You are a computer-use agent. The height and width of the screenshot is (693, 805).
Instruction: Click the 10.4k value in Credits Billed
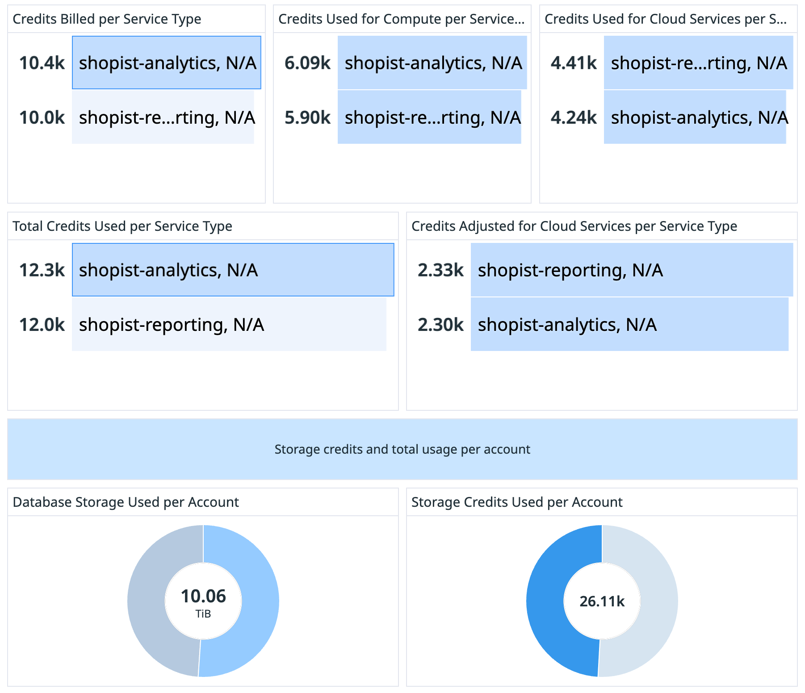42,63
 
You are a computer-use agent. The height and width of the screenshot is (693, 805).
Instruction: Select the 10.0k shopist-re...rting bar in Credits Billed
163,117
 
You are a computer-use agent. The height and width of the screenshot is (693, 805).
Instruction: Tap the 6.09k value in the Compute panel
307,63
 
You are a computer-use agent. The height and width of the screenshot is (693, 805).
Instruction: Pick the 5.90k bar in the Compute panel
429,117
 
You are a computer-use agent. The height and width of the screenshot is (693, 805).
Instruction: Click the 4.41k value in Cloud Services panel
574,63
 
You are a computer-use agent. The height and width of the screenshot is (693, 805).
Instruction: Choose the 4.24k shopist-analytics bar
695,117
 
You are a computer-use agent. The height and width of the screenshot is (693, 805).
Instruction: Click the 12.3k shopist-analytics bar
233,270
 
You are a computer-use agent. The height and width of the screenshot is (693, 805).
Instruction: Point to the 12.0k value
42,325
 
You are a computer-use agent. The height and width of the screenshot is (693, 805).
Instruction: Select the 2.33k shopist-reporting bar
632,270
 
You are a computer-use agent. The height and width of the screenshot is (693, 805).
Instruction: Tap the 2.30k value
440,325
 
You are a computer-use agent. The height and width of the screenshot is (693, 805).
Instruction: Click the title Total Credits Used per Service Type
122,226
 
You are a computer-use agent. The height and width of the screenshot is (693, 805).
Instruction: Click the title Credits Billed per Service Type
107,19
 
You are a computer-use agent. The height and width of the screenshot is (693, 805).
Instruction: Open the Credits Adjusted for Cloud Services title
574,226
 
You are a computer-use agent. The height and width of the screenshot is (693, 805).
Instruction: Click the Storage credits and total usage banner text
402,449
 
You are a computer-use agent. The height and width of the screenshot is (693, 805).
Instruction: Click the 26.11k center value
602,601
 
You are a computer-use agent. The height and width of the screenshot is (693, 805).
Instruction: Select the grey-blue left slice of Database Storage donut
147,601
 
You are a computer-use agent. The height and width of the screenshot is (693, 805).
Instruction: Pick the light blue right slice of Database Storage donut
260,601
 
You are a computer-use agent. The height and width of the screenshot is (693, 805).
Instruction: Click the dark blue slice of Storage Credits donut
545,601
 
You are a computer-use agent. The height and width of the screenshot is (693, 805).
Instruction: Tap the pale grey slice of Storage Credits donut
659,601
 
